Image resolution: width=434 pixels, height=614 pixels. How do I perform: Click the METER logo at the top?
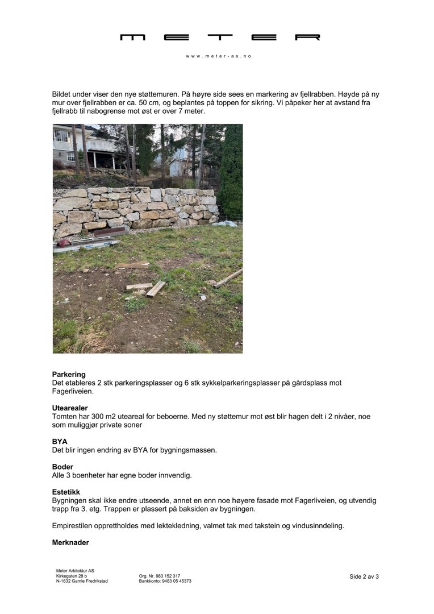[x=220, y=38]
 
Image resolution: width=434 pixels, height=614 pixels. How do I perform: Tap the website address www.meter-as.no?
[x=219, y=56]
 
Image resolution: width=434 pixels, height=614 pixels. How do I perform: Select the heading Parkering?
[x=69, y=375]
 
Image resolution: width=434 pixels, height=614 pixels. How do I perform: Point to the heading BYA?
[x=60, y=442]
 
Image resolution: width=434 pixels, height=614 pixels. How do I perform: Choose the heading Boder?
[x=62, y=467]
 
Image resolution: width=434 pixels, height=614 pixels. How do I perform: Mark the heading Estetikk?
[x=66, y=492]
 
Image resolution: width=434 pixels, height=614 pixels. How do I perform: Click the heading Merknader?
[x=70, y=543]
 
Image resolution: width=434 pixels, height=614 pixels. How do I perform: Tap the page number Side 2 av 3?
[x=364, y=576]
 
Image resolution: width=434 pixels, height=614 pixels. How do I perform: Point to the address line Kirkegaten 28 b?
[x=72, y=576]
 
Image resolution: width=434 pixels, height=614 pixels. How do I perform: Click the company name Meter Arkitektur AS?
[x=75, y=571]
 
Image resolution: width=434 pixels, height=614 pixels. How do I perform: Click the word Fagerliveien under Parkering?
[x=73, y=391]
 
